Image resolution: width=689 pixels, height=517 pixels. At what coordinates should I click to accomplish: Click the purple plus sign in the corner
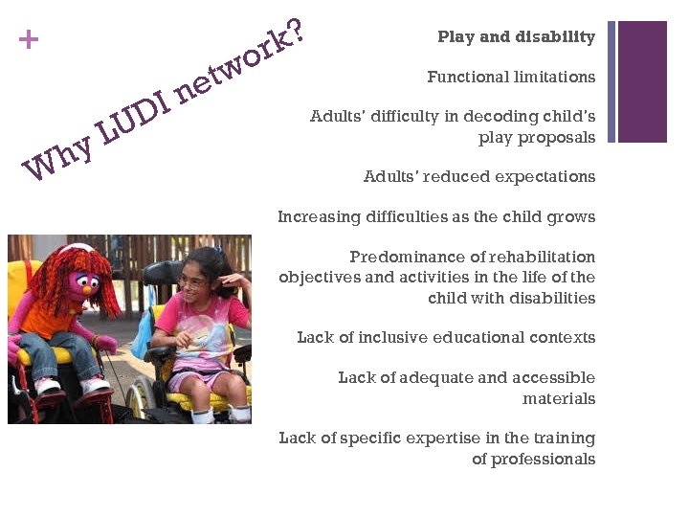(x=30, y=40)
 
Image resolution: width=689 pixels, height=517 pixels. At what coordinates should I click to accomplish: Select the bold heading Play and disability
(x=516, y=37)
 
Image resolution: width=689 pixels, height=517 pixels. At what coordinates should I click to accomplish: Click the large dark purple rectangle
(x=642, y=81)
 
